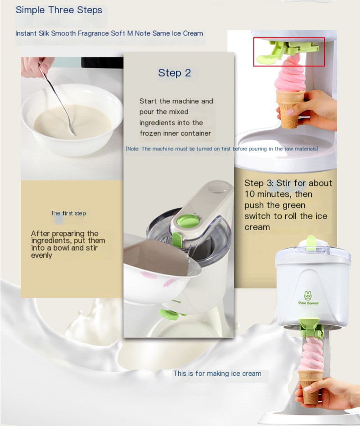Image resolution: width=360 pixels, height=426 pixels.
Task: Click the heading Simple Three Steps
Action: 59,10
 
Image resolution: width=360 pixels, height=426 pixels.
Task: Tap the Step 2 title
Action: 175,73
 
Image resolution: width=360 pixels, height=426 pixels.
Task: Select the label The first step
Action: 68,213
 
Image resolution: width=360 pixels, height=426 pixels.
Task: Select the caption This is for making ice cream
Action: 217,374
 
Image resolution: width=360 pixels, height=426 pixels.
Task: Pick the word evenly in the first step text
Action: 41,256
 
